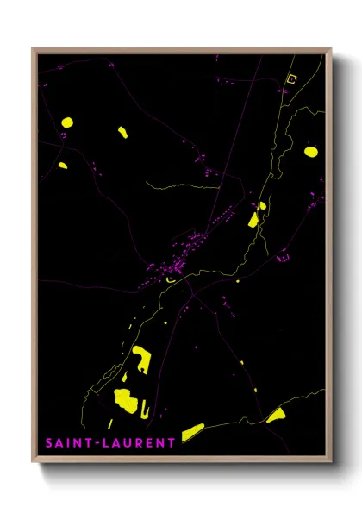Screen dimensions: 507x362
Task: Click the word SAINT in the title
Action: click(x=66, y=443)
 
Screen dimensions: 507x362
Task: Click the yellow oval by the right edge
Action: click(x=310, y=152)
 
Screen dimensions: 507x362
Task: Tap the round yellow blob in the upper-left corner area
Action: click(x=66, y=122)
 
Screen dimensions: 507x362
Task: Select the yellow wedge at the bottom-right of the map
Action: click(x=276, y=416)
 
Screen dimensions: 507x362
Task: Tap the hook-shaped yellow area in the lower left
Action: click(x=140, y=360)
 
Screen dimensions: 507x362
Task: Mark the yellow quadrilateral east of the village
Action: click(x=253, y=220)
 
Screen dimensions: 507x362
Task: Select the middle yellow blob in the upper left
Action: click(x=122, y=132)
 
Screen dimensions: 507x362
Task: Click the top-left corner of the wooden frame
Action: click(x=34, y=49)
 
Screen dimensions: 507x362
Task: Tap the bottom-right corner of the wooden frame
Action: click(x=332, y=463)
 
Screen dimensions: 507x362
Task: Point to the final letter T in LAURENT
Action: click(x=172, y=443)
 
